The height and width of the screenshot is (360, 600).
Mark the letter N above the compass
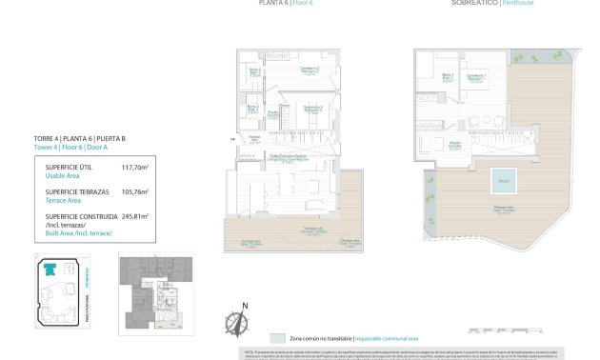coord(244,305)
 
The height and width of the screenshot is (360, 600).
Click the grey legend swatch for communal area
coord(277,338)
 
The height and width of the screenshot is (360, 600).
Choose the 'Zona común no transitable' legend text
coord(319,338)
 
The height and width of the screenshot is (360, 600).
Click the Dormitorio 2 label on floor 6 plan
coord(310,109)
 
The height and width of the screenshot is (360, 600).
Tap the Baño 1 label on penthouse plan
coord(446,76)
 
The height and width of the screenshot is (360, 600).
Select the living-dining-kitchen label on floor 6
coord(287,157)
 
